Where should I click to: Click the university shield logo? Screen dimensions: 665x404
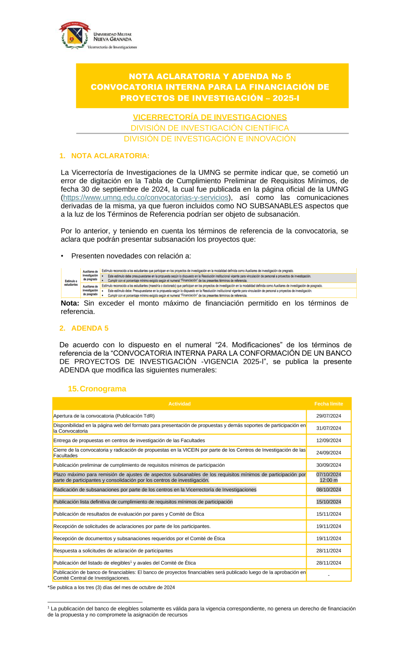(x=75, y=36)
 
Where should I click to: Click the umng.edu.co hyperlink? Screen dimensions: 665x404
(x=146, y=197)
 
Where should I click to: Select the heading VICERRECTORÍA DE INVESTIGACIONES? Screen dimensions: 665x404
(x=210, y=117)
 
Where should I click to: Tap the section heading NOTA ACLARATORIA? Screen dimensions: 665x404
(x=110, y=156)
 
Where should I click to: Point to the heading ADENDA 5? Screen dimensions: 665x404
(x=90, y=328)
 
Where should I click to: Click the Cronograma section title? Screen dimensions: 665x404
(x=103, y=389)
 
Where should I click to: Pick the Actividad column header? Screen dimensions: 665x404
(x=179, y=404)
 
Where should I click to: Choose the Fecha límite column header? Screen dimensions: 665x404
(x=328, y=404)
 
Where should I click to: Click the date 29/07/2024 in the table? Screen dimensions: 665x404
(x=328, y=416)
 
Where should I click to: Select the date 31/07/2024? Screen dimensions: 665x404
(x=328, y=428)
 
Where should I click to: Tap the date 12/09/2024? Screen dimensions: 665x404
(x=328, y=441)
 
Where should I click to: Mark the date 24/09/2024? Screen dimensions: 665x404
(x=328, y=453)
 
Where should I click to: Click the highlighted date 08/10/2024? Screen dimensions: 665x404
(x=328, y=490)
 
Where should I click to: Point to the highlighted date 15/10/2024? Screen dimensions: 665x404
(x=328, y=502)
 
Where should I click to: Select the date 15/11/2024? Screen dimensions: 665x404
(x=328, y=514)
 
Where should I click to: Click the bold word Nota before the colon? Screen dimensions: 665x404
(x=69, y=303)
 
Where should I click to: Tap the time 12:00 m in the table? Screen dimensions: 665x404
(x=328, y=480)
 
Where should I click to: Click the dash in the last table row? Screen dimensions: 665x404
(x=328, y=575)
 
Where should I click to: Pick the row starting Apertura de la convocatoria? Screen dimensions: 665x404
(x=104, y=416)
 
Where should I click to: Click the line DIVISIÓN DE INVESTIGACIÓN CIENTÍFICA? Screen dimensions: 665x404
(x=210, y=128)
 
